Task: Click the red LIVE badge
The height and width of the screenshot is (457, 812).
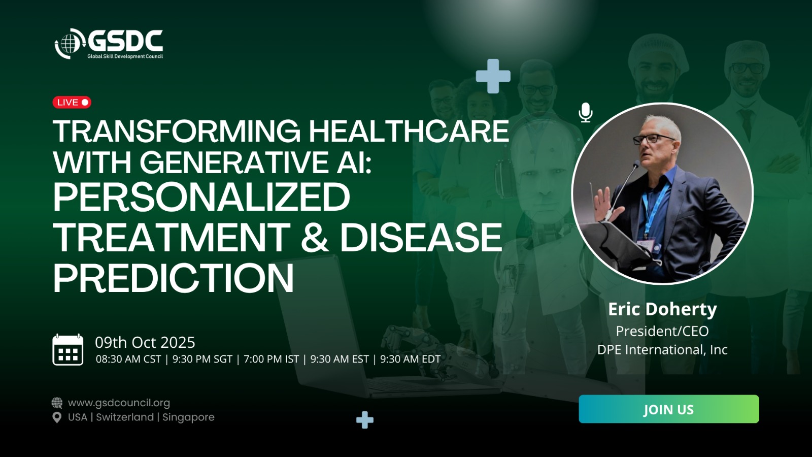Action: pyautogui.click(x=72, y=102)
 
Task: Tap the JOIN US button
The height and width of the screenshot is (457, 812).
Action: pyautogui.click(x=669, y=409)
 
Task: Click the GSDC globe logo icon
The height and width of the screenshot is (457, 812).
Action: pyautogui.click(x=70, y=44)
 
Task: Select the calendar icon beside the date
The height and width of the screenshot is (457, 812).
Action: pyautogui.click(x=68, y=350)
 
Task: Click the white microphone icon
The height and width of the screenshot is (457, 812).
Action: pyautogui.click(x=586, y=112)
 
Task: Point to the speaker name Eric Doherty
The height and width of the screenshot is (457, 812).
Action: pyautogui.click(x=662, y=309)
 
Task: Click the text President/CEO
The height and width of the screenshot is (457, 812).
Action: pyautogui.click(x=662, y=331)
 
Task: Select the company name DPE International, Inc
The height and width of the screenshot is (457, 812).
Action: pyautogui.click(x=662, y=350)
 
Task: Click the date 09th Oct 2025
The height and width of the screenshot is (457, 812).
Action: pyautogui.click(x=145, y=342)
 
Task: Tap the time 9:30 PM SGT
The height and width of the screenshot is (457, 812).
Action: pyautogui.click(x=202, y=359)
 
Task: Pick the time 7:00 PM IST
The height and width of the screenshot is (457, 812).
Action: pyautogui.click(x=271, y=359)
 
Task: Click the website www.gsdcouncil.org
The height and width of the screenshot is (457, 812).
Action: pyautogui.click(x=119, y=403)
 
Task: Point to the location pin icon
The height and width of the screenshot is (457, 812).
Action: pyautogui.click(x=57, y=417)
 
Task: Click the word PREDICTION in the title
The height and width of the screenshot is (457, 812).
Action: pyautogui.click(x=173, y=278)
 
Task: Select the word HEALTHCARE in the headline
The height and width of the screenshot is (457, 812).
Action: pyautogui.click(x=409, y=131)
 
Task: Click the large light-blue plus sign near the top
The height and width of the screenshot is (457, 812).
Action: pyautogui.click(x=493, y=76)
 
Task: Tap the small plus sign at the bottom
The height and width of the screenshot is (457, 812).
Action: pyautogui.click(x=365, y=420)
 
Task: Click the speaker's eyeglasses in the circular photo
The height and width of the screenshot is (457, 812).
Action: pyautogui.click(x=654, y=139)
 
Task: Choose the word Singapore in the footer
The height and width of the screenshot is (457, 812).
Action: pyautogui.click(x=188, y=417)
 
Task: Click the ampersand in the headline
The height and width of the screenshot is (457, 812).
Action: pyautogui.click(x=315, y=237)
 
